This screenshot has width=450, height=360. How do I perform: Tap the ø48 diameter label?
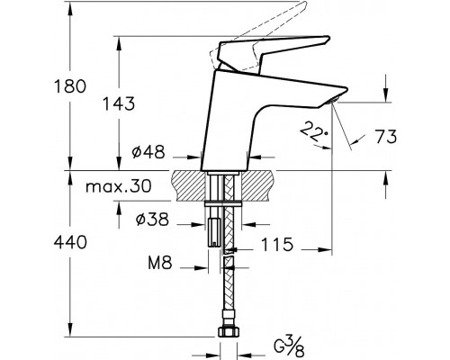pyautogui.click(x=149, y=153)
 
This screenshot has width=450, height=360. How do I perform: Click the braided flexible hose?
pyautogui.click(x=229, y=288)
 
